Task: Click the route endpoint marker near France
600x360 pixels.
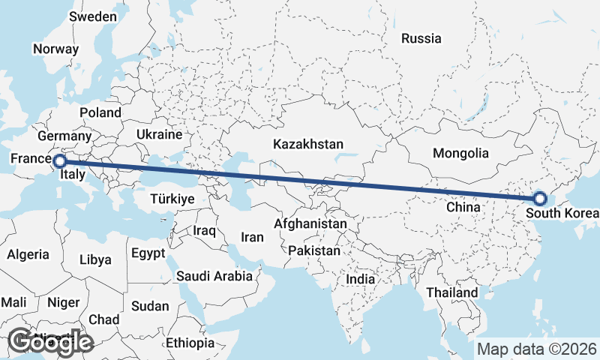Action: click(59, 160)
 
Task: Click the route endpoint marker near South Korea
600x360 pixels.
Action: click(539, 199)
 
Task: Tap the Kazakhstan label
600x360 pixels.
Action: click(308, 144)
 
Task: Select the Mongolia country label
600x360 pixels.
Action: click(460, 154)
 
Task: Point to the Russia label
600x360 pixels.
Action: click(421, 38)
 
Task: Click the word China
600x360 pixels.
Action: click(462, 206)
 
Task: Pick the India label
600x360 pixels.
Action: click(360, 279)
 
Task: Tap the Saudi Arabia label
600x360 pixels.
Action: click(214, 276)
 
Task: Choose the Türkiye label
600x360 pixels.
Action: click(172, 199)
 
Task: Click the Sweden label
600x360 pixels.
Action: click(93, 16)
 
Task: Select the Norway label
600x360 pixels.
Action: click(55, 49)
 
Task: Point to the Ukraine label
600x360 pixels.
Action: click(160, 134)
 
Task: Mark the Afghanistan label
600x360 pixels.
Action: click(311, 223)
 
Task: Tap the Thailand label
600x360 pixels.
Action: click(451, 292)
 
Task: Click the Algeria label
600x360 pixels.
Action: click(28, 254)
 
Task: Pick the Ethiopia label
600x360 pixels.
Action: click(190, 343)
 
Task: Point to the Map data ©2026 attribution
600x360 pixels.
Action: click(537, 349)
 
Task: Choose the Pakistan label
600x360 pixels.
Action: click(313, 250)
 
